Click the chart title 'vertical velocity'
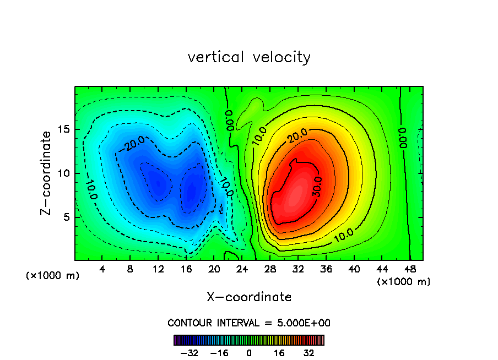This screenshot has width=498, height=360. pos(249,57)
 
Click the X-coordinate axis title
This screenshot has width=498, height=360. pos(249,297)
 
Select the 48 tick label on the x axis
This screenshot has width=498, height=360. pos(410,270)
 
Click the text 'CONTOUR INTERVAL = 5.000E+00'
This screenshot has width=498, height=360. pos(249,323)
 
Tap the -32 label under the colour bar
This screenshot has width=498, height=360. pos(190,353)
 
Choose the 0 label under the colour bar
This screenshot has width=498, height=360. pos(249,353)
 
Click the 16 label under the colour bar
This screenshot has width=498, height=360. pos(279,353)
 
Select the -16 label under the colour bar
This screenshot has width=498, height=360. pos(219,353)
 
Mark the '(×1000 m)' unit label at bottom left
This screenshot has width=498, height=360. pos(53,276)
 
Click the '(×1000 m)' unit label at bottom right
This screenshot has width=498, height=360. pos(404,282)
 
